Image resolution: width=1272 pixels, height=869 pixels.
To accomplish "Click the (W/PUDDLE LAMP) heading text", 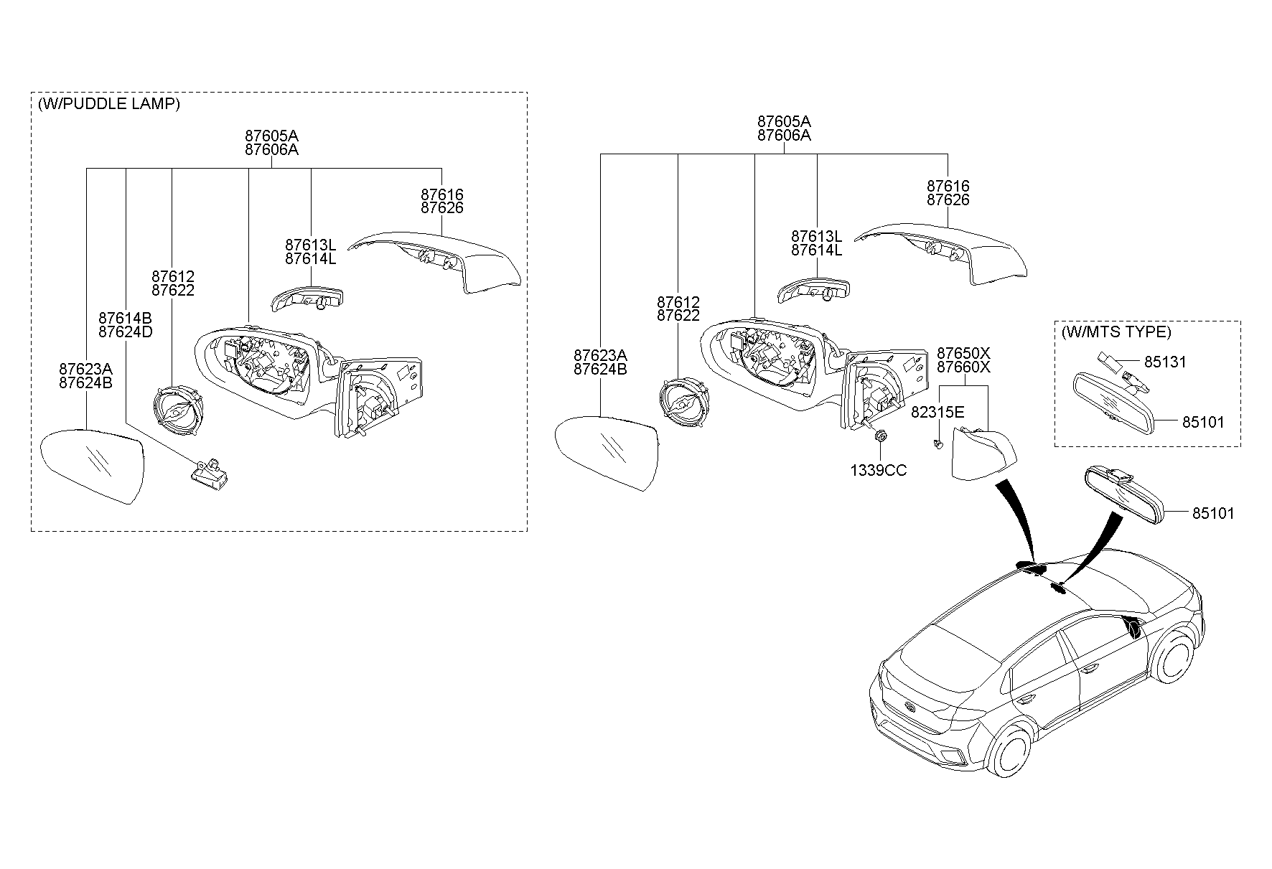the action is pyautogui.click(x=108, y=103).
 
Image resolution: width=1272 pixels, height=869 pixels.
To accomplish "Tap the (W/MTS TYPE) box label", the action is pyautogui.click(x=1116, y=332).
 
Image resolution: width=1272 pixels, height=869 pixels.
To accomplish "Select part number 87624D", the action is pyautogui.click(x=126, y=332).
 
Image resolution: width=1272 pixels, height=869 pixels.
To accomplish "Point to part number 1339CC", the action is pyautogui.click(x=879, y=470).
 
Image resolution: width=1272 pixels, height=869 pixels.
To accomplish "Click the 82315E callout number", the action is pyautogui.click(x=937, y=413).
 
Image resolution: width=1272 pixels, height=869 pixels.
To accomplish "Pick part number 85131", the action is pyautogui.click(x=1165, y=362).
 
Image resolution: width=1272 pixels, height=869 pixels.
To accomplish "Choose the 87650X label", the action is pyautogui.click(x=963, y=353).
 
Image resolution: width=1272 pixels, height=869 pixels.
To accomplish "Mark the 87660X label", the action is pyautogui.click(x=963, y=367).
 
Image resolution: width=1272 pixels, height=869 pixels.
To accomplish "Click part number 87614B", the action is pyautogui.click(x=126, y=318).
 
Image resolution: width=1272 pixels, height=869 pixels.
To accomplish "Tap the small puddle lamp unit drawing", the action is pyautogui.click(x=208, y=470).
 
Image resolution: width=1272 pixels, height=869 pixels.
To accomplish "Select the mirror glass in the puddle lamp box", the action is pyautogui.click(x=93, y=466).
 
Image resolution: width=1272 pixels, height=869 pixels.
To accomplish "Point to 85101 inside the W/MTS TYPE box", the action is pyautogui.click(x=1203, y=422).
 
